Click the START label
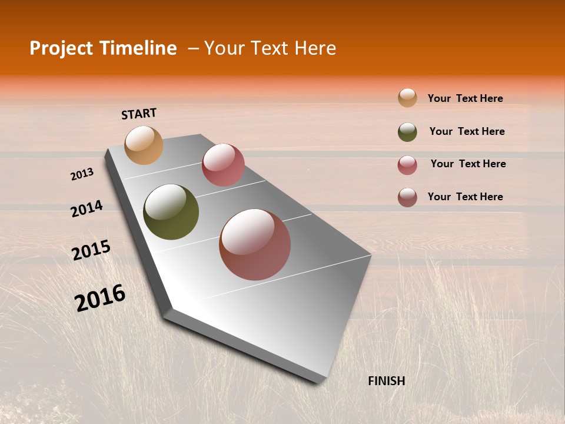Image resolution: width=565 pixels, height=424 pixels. tap(139, 114)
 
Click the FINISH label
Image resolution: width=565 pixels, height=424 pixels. tap(386, 381)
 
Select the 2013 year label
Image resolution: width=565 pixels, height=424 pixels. tap(82, 174)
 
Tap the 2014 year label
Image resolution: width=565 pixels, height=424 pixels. tap(87, 209)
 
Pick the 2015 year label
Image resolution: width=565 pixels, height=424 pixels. tap(91, 250)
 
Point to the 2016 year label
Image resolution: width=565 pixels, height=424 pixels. tap(100, 298)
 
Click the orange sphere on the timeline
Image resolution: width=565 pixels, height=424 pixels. tap(144, 145)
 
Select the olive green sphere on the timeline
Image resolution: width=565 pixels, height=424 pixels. tap(171, 212)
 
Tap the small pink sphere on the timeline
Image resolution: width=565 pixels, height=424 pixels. tap(223, 165)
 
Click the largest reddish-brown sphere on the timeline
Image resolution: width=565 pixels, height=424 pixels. tap(255, 244)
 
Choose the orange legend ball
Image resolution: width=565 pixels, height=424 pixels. tap(407, 98)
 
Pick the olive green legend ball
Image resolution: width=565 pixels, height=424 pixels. tap(407, 132)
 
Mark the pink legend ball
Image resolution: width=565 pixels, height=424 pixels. tap(407, 165)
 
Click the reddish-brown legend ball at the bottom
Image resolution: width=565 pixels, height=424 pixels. tap(407, 197)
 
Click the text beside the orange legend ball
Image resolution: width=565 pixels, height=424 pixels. tap(465, 98)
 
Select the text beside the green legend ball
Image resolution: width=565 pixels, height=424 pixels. tap(467, 131)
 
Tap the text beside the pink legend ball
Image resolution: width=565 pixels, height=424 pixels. tap(468, 164)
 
